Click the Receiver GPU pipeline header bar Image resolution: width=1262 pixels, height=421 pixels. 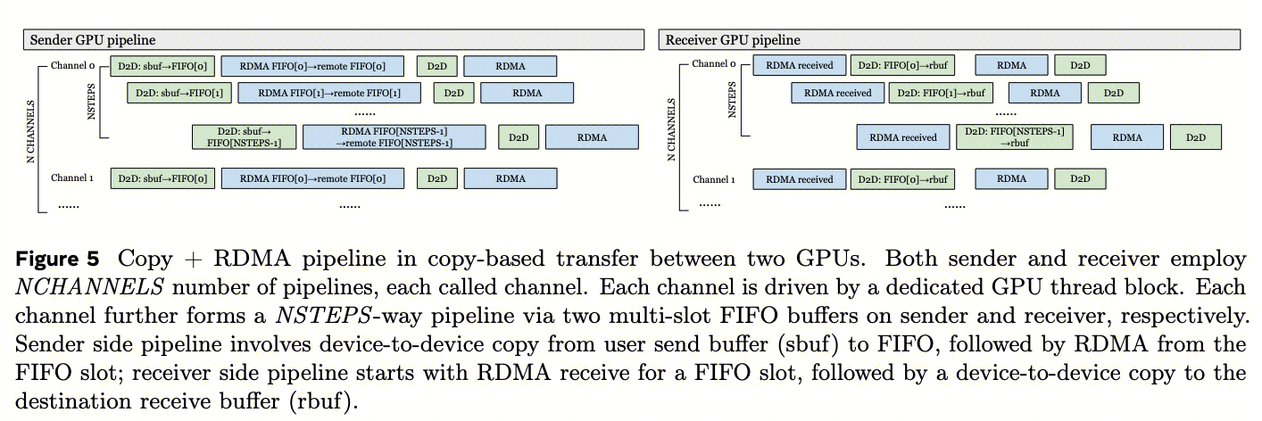951,40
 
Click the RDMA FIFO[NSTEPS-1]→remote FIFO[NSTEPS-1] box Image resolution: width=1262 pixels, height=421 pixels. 394,136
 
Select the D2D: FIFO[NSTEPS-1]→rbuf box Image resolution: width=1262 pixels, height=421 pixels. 1014,136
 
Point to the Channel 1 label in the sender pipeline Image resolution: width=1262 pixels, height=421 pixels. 72,178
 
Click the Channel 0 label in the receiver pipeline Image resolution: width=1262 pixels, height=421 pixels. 714,64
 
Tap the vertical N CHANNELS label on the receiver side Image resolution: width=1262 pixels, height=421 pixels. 670,129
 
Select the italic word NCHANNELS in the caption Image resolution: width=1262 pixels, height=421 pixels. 73,288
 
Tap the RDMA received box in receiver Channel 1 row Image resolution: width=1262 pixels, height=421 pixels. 798,179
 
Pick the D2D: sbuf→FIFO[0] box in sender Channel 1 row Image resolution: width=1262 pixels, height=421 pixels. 162,178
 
